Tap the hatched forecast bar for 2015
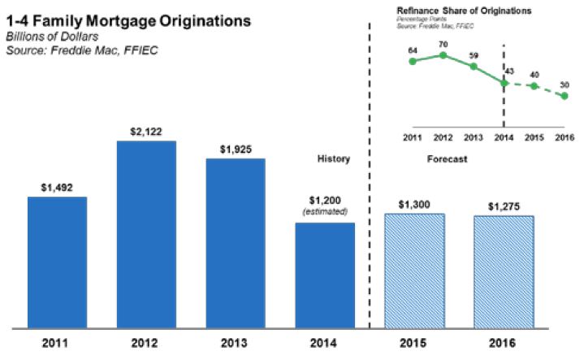415,267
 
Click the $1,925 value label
236,150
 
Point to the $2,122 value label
146,132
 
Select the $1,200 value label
325,201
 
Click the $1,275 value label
504,206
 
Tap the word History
333,159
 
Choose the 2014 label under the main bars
325,341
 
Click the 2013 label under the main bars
236,341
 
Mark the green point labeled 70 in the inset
443,55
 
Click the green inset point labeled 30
565,97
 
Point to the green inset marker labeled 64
413,61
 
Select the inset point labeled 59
474,66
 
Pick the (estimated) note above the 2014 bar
325,211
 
